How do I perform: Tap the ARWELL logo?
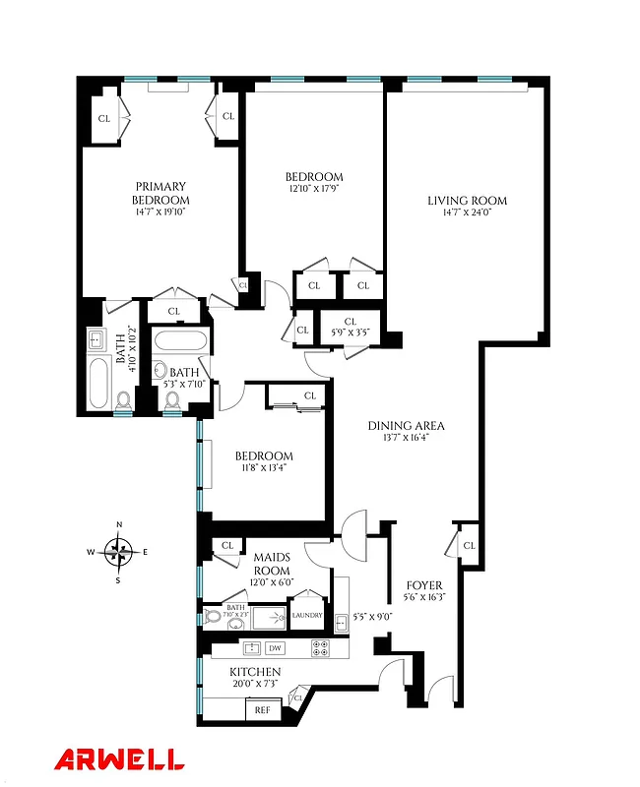pos(118,758)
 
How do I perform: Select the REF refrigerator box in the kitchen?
pos(263,708)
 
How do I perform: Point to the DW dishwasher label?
pos(276,648)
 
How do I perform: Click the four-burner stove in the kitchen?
pos(321,648)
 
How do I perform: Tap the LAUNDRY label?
pos(307,617)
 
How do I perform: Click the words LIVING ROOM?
pos(467,201)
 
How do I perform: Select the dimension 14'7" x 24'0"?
pos(467,213)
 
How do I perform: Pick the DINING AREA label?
pos(407,425)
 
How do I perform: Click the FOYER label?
pos(424,584)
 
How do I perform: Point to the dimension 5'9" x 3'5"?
pos(351,333)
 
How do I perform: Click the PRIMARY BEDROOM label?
pos(161,193)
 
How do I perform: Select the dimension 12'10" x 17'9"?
pos(316,189)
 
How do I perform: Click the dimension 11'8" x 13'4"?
pos(264,468)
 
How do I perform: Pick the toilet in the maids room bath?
pos(213,618)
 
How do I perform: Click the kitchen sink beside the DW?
pos(251,648)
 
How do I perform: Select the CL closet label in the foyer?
pos(469,545)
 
